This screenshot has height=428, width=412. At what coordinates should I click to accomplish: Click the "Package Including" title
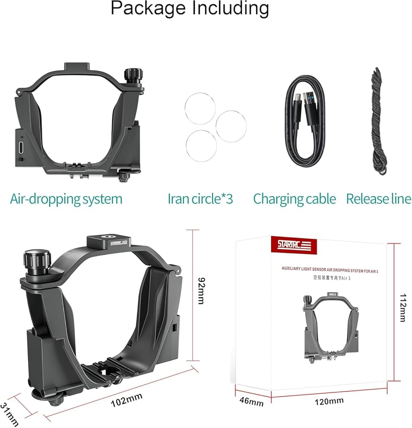point(190,9)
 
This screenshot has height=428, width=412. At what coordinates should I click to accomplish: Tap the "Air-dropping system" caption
point(66,199)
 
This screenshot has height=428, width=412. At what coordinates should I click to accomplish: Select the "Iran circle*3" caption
point(200,199)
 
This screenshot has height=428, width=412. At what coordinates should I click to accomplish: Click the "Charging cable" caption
point(294,199)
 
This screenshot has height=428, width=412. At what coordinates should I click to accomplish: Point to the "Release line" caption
point(379,199)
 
